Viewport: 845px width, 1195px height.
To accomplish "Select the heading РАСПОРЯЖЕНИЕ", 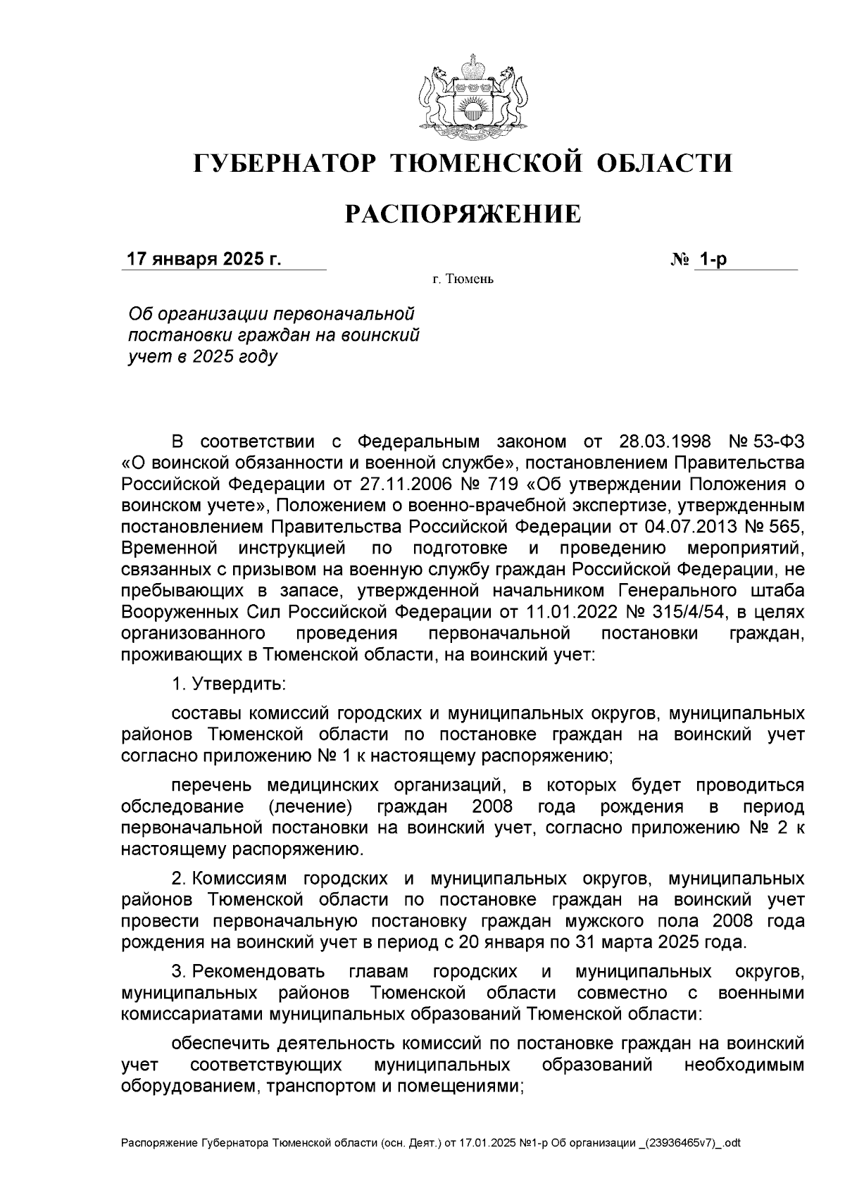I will tap(463, 214).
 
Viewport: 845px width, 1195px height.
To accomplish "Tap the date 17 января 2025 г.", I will tap(204, 259).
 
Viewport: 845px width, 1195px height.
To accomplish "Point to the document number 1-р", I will tap(711, 259).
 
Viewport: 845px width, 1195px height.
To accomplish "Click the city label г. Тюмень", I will tap(463, 280).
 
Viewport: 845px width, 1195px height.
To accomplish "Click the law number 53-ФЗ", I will tap(775, 442).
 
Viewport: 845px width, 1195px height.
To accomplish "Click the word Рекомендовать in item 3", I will tap(258, 972).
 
